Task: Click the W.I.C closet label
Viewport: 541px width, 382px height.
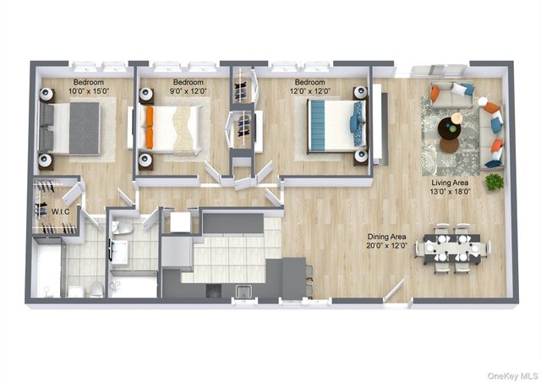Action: click(60, 211)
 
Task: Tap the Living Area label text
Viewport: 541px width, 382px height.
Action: click(450, 183)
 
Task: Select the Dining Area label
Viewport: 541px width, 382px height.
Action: click(386, 237)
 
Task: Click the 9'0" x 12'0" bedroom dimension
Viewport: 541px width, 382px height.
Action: click(188, 91)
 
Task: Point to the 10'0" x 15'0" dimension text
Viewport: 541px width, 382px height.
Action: click(89, 91)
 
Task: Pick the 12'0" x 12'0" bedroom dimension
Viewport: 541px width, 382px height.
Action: click(310, 91)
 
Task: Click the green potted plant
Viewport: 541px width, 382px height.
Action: click(494, 182)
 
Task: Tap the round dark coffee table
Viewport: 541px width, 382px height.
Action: click(449, 129)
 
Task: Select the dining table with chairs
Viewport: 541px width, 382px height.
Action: click(453, 248)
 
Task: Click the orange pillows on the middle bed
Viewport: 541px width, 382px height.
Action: click(150, 128)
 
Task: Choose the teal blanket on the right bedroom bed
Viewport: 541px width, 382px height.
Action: click(318, 125)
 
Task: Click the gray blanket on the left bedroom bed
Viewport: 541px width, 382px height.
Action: click(85, 128)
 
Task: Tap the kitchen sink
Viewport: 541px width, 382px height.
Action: click(244, 292)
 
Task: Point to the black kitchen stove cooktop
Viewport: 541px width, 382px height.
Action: click(214, 291)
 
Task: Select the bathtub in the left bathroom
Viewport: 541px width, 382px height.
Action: click(46, 268)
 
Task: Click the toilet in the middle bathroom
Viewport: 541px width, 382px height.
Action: click(122, 227)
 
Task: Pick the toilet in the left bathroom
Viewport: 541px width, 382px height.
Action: click(97, 289)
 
